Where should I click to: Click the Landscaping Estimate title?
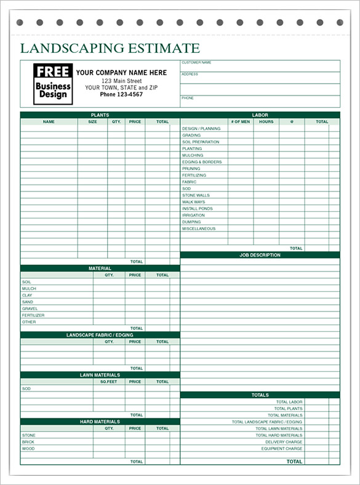coord(110,48)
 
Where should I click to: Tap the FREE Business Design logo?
coord(53,83)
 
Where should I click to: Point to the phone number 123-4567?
coord(121,94)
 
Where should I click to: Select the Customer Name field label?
coord(197,62)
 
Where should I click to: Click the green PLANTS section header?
coord(100,115)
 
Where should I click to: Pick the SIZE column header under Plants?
coord(92,122)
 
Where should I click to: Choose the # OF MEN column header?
coord(240,122)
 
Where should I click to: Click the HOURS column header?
coord(266,122)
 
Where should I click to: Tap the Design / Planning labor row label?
coord(201,129)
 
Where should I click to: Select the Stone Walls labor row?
coord(196,195)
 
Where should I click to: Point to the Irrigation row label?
coord(193,215)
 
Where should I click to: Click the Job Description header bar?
coord(260,255)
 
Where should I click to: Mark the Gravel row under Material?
coord(30,309)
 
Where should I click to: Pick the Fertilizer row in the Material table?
coord(33,315)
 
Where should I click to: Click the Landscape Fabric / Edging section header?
coord(100,335)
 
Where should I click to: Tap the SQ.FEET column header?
coord(109,382)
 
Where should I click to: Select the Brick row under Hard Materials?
coord(28,442)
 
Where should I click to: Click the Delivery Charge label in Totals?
coord(284,442)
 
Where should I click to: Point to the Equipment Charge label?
coord(282,449)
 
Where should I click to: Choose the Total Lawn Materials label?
coord(279,428)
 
